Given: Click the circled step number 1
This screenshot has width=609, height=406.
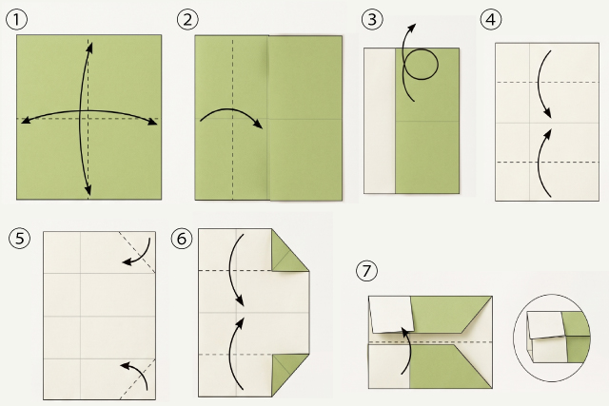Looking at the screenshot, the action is [17, 20].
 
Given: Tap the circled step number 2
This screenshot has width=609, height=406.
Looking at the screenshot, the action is [187, 20].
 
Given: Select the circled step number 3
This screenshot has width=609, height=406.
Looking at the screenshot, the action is [372, 19].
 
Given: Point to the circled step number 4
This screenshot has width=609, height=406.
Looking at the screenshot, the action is [491, 19].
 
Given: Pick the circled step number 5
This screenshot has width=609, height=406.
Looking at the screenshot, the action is [19, 238].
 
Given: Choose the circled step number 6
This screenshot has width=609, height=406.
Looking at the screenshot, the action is [182, 239].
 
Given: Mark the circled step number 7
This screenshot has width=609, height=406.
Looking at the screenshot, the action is [366, 270].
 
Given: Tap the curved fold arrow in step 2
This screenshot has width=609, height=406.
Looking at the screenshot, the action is [232, 109].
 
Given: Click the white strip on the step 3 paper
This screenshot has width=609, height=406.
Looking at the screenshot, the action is [380, 121].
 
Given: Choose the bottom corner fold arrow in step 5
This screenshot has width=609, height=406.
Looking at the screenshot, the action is [141, 371].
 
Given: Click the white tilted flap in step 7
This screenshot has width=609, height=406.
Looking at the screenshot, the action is [391, 315].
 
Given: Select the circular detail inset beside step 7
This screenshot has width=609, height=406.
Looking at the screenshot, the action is [552, 338].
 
